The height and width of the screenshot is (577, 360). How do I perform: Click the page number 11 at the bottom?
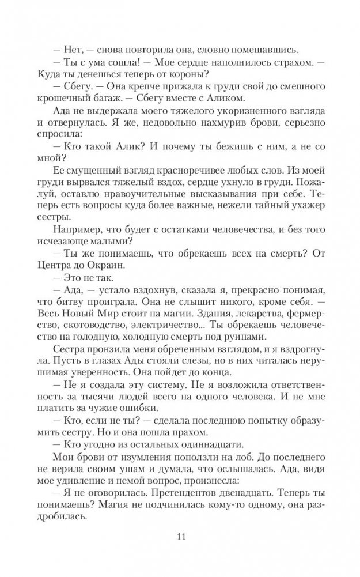click(x=180, y=537)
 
